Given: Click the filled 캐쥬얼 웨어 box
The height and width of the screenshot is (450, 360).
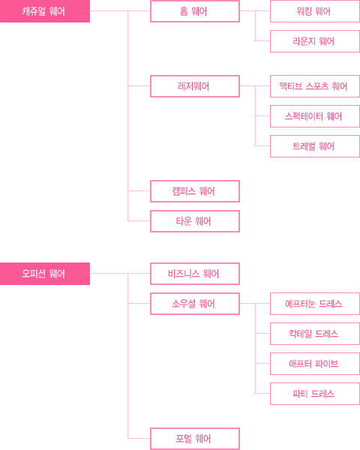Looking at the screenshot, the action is pos(45,11).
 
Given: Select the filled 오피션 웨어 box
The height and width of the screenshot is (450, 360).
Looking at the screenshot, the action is pos(45,274).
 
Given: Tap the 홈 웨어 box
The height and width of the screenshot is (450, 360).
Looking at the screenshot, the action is pos(195,11).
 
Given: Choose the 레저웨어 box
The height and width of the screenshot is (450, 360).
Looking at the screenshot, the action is pos(195,86).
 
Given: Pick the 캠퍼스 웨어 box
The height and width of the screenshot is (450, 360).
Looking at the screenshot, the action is pos(195,191).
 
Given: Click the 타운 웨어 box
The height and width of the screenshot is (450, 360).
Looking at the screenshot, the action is pos(195,221).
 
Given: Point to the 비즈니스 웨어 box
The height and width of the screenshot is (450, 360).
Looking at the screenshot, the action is pos(195,274).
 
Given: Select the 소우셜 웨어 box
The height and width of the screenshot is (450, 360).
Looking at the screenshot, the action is pos(195,304).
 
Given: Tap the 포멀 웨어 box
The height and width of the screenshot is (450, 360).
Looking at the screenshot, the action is pos(195,439).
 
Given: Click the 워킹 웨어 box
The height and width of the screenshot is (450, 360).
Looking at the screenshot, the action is pos(315,11).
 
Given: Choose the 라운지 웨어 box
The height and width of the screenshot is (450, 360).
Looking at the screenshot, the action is pos(315,41).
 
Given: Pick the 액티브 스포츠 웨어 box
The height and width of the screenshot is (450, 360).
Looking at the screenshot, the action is pos(315,86).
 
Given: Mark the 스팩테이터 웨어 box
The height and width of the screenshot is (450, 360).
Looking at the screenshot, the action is pos(315,116).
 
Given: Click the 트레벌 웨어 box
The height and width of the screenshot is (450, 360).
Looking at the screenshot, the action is pos(315,146).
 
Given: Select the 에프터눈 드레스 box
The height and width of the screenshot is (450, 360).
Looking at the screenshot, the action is pos(315,304).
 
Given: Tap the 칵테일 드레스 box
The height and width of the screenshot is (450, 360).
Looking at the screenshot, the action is pos(315,334).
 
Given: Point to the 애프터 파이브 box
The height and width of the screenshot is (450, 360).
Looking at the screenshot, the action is pos(315,364).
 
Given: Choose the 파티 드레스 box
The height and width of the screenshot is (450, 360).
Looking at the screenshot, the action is pos(315,394).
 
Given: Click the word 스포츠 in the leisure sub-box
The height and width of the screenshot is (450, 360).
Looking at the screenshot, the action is pos(317,86).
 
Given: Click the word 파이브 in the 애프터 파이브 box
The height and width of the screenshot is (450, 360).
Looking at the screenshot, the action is pos(326,364).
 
